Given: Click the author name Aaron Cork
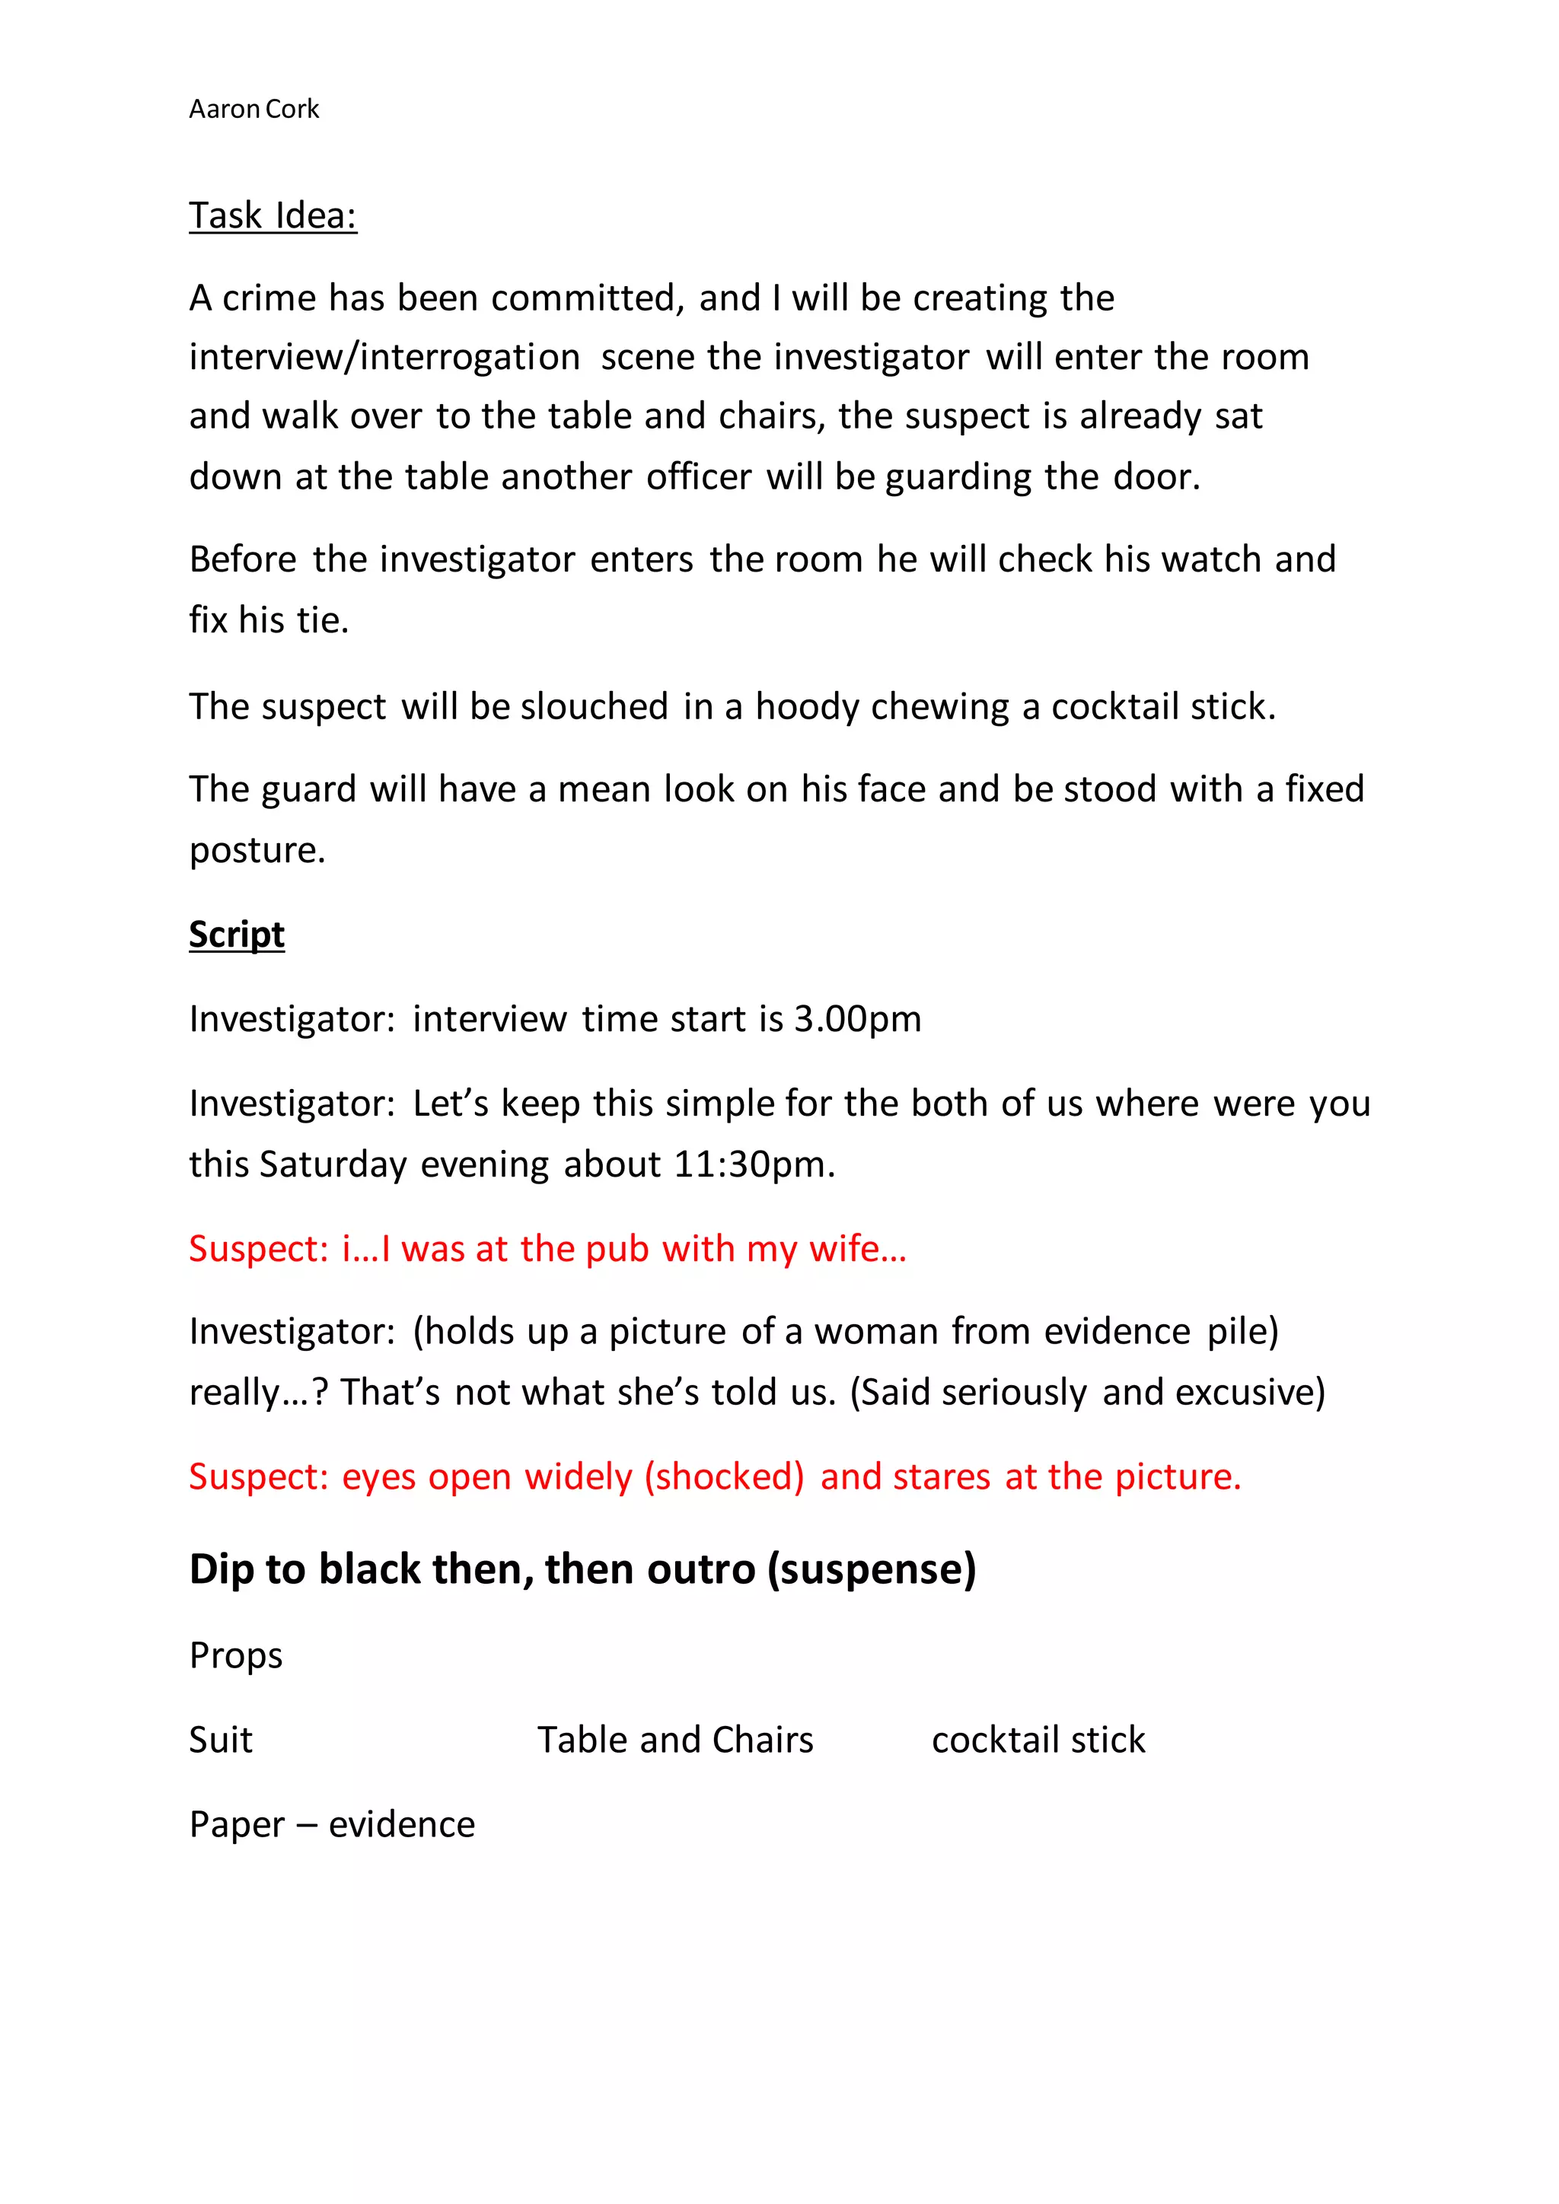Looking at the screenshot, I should [253, 110].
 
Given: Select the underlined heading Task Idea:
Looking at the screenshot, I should [273, 216].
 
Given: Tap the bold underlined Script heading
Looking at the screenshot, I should [236, 934].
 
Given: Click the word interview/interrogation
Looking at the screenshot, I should [384, 357].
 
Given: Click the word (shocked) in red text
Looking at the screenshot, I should [724, 1476].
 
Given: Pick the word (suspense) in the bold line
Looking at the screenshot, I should [871, 1569].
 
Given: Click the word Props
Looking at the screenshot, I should [236, 1656].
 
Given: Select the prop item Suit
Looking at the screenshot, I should [221, 1740].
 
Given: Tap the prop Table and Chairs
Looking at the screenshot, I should [675, 1740].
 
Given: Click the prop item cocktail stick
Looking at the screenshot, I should [1038, 1740].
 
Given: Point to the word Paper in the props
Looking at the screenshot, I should [236, 1824].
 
